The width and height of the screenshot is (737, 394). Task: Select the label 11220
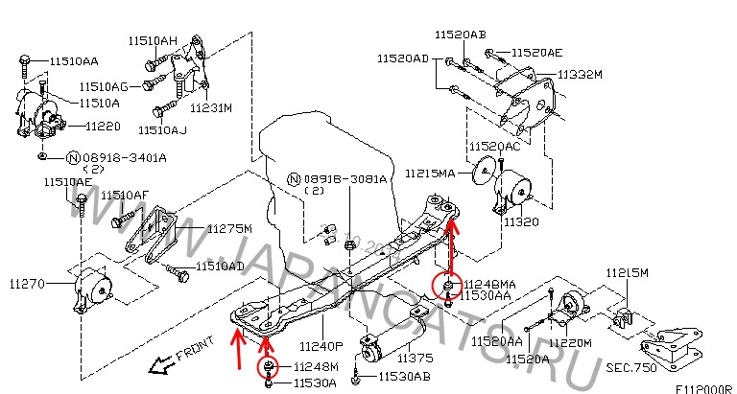(x=102, y=126)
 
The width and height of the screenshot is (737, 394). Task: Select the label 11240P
(x=321, y=347)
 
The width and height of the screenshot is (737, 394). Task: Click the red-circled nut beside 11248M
(x=268, y=367)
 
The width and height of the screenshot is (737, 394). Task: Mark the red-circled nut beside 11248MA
(x=447, y=284)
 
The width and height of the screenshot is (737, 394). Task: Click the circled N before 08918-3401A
(x=73, y=157)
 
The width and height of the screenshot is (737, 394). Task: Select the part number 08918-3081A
(x=345, y=179)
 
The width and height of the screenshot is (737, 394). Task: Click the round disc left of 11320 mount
(x=483, y=175)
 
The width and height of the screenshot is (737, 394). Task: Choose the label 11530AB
(x=404, y=378)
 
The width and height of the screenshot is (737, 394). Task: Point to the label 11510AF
(x=126, y=195)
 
